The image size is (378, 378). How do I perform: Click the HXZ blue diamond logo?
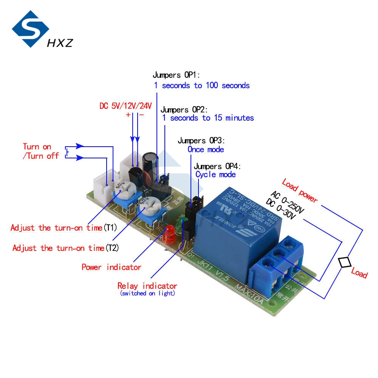pyautogui.click(x=30, y=29)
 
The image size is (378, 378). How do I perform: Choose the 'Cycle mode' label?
pyautogui.click(x=215, y=174)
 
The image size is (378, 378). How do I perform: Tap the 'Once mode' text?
pyautogui.click(x=206, y=149)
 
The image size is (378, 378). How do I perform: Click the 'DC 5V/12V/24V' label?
pyautogui.click(x=125, y=106)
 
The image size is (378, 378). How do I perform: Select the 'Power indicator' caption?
pyautogui.click(x=111, y=267)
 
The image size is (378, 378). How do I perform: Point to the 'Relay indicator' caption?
pyautogui.click(x=147, y=286)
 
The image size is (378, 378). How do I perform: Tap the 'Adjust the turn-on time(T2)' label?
pyautogui.click(x=65, y=248)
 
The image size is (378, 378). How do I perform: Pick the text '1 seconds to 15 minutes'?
pyautogui.click(x=208, y=118)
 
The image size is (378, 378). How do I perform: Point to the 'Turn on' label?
pyautogui.click(x=37, y=147)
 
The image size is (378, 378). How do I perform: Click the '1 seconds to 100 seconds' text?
pyautogui.click(x=201, y=85)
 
